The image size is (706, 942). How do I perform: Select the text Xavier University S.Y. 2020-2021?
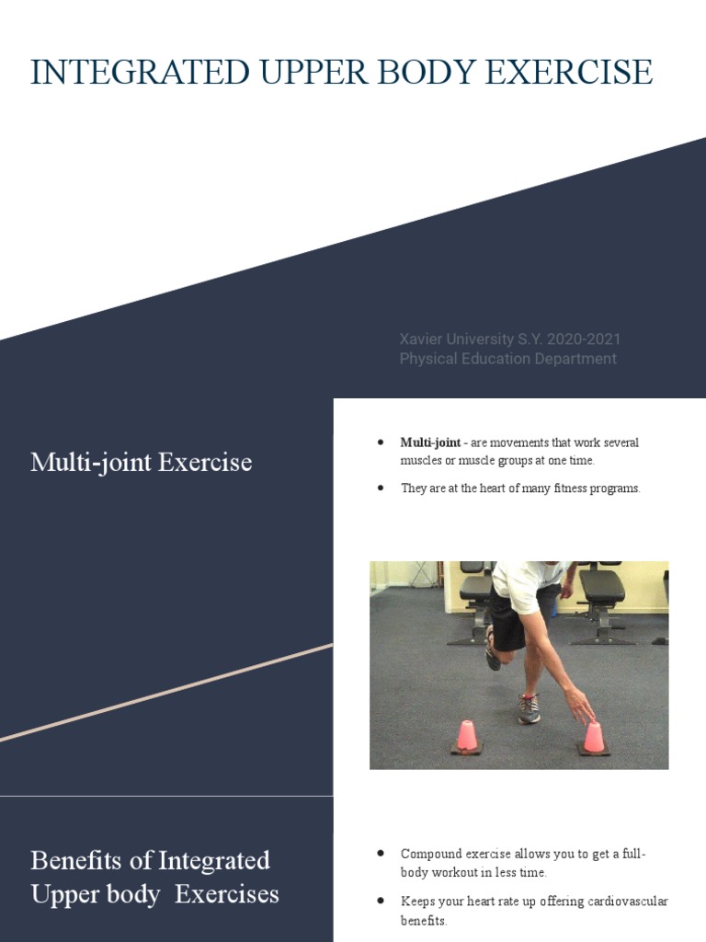coord(510,339)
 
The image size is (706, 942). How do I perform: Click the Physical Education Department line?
coord(507,359)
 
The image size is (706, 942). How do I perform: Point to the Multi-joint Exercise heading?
coord(141,462)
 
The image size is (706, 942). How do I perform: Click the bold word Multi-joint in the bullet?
coord(430,442)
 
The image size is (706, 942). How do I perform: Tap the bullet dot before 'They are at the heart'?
coord(381,488)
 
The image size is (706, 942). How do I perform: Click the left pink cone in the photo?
coord(467,736)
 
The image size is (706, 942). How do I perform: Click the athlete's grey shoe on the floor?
coord(529,708)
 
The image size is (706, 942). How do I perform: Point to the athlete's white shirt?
coord(526,585)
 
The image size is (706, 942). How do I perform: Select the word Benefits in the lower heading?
coord(75,860)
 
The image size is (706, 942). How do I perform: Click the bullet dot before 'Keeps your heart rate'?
coord(381,901)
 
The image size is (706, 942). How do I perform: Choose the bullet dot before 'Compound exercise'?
coord(381,854)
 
